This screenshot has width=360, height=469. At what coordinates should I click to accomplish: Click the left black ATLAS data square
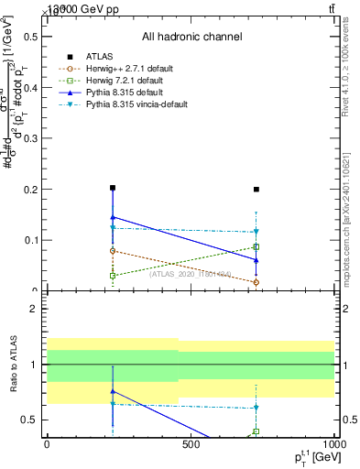[113, 188]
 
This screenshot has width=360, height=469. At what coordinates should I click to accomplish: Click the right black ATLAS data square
[256, 190]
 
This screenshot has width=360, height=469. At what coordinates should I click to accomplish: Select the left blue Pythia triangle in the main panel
[113, 217]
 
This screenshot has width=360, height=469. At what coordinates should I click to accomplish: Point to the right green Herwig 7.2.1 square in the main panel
[256, 246]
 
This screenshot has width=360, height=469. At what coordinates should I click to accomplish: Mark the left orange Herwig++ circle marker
[113, 250]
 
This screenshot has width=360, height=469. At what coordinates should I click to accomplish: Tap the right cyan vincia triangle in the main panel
[256, 232]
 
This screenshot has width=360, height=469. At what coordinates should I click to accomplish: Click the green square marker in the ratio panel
[256, 431]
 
